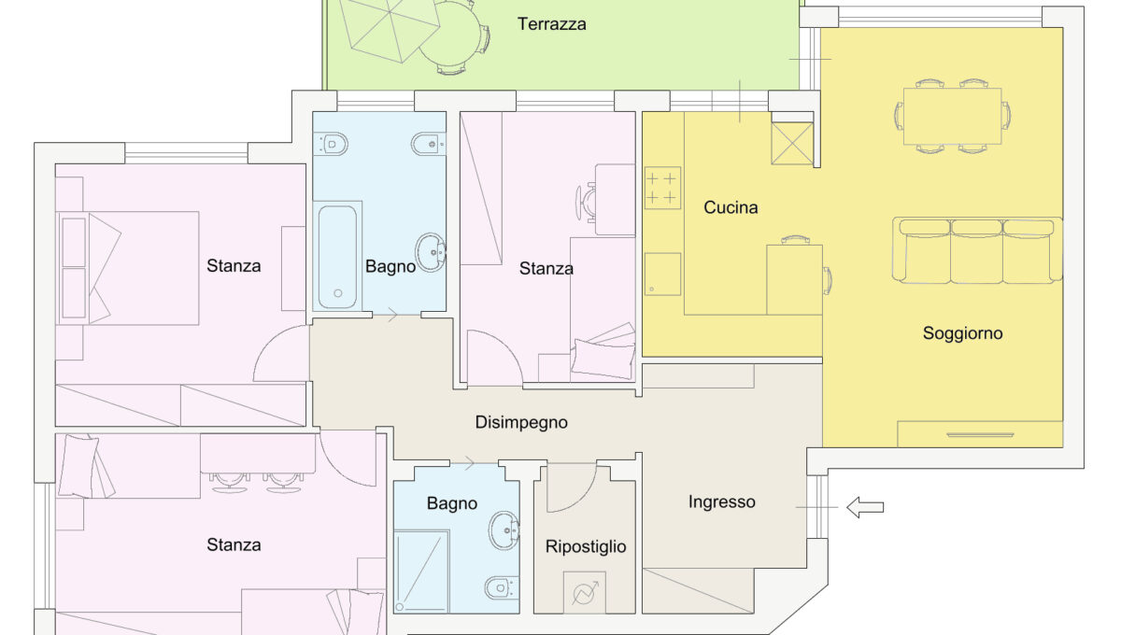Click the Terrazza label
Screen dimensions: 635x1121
point(552,24)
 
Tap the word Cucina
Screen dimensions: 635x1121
point(731,207)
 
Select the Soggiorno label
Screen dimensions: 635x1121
point(962,332)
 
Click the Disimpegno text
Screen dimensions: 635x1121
point(521,422)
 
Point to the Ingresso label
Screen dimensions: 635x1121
point(721,501)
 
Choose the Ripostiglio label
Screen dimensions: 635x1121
point(586,546)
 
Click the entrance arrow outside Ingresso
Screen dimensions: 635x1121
point(864,507)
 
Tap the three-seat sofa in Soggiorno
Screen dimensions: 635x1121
point(977,250)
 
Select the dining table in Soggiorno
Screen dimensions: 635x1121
point(952,116)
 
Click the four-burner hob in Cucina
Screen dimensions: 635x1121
point(662,187)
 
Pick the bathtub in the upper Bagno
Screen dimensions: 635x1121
point(336,256)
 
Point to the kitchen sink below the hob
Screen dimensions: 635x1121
point(662,274)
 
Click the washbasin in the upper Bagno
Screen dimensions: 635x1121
point(432,251)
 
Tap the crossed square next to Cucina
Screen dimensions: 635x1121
point(792,143)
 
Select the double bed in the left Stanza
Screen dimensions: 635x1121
point(131,268)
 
